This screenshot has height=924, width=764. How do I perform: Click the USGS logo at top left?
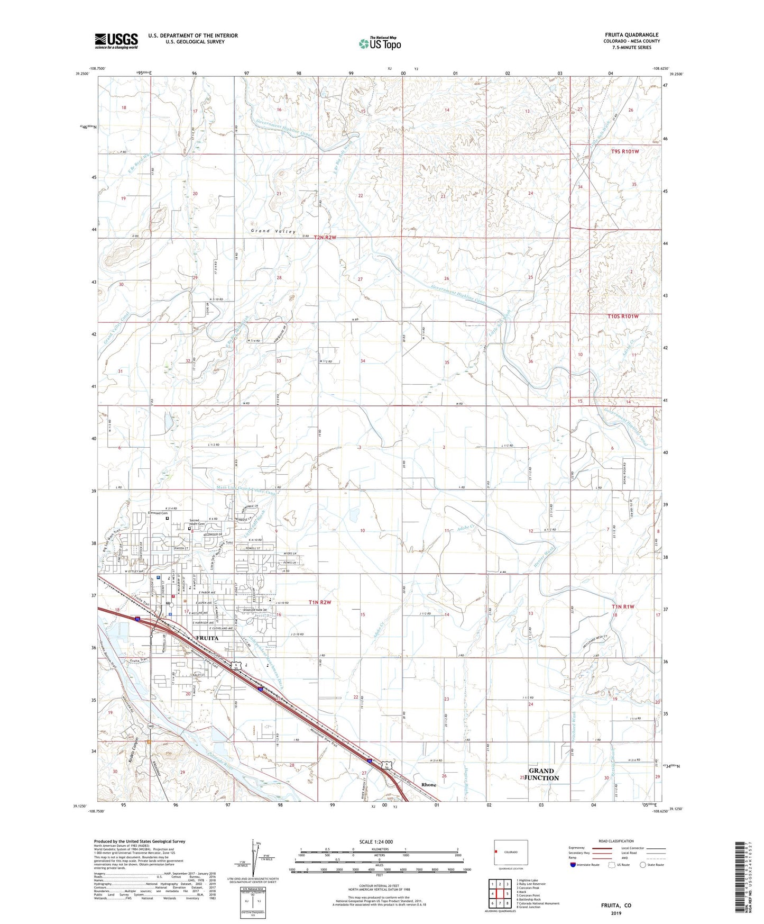tap(116, 40)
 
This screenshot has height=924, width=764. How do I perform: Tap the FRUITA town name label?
tap(207, 638)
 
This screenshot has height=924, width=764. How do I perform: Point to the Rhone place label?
tap(429, 785)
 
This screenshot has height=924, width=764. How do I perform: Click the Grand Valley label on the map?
tap(273, 231)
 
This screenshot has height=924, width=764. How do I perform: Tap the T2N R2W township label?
tap(325, 238)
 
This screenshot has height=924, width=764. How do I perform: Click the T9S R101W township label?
tap(625, 151)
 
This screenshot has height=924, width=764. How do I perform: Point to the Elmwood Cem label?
tap(158, 513)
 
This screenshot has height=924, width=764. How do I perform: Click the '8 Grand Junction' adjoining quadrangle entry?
tap(529, 907)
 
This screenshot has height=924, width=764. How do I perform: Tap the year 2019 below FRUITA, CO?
tap(616, 913)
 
